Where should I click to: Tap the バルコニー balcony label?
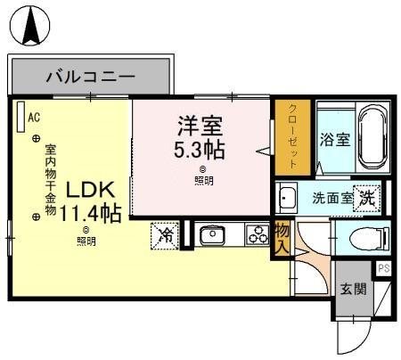[89, 76]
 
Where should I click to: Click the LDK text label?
[86, 190]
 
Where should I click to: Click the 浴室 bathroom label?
[336, 140]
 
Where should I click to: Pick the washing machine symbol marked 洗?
[366, 198]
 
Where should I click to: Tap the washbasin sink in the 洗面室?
[287, 198]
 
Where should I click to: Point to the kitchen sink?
[214, 236]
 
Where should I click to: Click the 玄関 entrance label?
[352, 289]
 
